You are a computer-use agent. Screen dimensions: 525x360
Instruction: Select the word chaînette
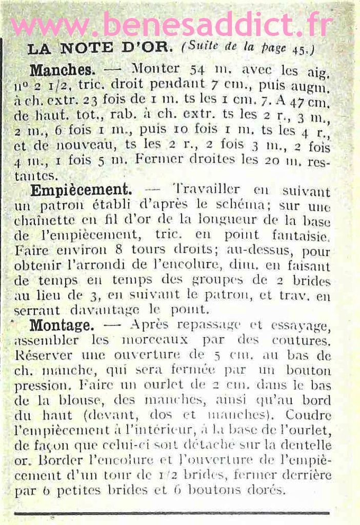[39, 221]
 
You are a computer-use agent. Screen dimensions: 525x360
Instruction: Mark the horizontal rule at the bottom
[172, 512]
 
